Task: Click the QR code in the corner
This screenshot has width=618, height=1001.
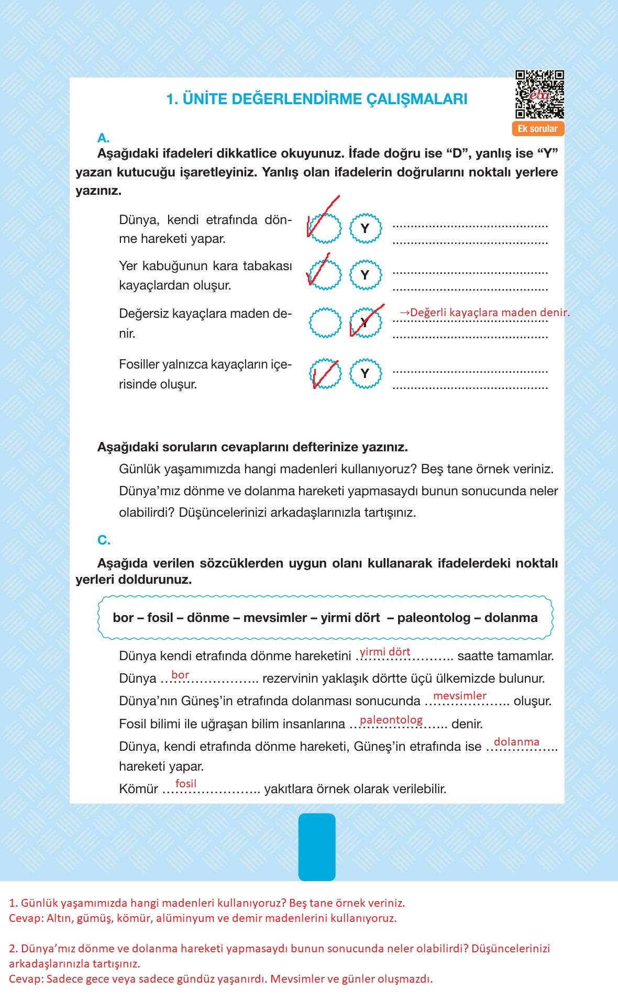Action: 539,94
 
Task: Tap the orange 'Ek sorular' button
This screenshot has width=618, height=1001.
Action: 537,129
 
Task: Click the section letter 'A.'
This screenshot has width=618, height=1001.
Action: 103,138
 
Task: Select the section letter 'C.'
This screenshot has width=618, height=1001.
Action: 104,540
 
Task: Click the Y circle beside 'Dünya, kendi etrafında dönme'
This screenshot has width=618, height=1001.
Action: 365,228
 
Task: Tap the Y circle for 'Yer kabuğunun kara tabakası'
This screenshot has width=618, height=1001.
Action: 365,275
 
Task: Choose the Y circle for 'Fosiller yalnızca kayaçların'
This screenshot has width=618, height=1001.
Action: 365,373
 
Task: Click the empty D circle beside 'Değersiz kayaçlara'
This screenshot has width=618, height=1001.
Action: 325,322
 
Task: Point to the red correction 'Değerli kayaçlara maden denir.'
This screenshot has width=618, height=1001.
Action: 484,313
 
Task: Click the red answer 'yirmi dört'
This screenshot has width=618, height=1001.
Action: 385,652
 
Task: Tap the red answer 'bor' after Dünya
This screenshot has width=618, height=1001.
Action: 180,675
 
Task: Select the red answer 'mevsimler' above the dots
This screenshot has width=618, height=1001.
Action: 460,696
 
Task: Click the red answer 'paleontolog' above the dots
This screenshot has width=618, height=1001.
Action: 391,720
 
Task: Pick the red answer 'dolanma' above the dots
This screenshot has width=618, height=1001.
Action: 516,742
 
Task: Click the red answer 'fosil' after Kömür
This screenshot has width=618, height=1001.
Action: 186,784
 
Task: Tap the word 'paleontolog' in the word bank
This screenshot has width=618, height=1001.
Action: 434,618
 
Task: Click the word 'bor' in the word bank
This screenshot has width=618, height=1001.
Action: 123,618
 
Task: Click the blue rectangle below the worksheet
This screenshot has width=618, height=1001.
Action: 317,847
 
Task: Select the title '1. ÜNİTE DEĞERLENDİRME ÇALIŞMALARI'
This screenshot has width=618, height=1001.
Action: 317,99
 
